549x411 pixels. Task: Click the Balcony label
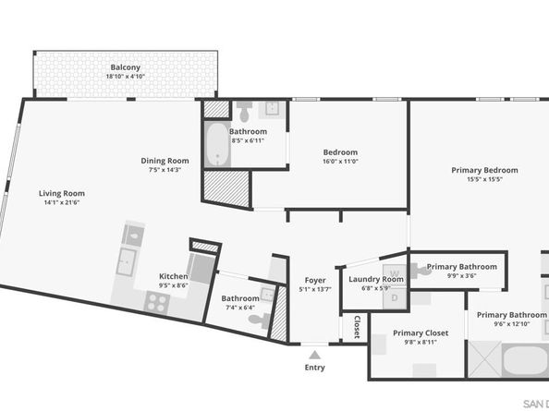pos(126,67)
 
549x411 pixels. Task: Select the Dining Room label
pos(165,160)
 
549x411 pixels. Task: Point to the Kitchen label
pos(174,276)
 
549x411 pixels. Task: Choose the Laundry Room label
pos(375,279)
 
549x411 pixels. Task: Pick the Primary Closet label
pos(421,332)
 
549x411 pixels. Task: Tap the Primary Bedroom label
pos(484,170)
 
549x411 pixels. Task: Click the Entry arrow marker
pos(315,354)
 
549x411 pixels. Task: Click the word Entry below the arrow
pos(315,368)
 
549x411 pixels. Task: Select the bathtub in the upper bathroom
pos(217,145)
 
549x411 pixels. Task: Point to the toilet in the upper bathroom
pos(244,114)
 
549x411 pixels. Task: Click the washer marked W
pos(395,274)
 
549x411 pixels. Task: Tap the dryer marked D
pos(395,297)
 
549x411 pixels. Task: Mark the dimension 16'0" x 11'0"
pos(340,162)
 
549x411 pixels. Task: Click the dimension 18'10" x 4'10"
pos(126,77)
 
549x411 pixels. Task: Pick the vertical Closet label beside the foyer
pos(357,327)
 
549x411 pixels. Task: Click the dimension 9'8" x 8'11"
pos(421,342)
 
